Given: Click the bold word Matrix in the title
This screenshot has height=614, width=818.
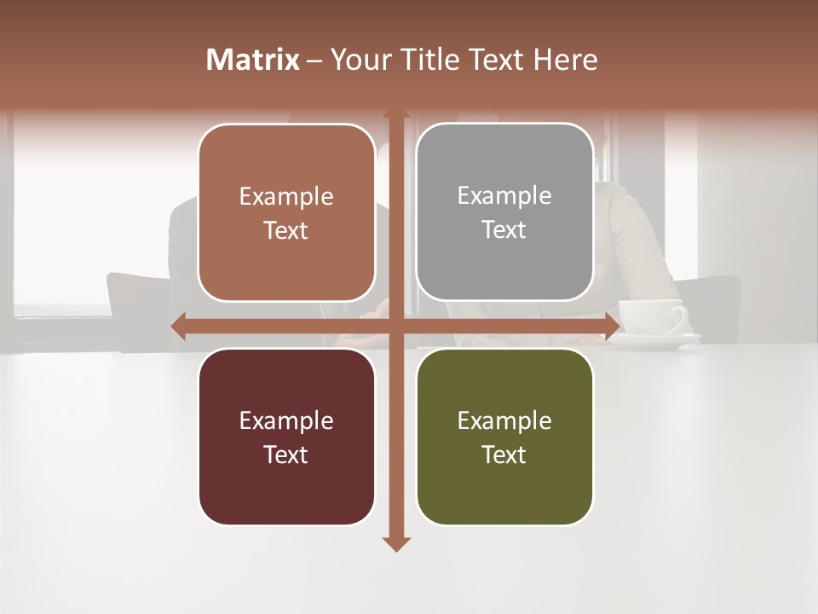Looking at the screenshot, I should (x=253, y=60).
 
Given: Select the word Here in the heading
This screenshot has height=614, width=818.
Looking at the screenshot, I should (x=565, y=60).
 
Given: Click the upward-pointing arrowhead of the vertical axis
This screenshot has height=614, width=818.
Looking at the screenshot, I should (x=396, y=114).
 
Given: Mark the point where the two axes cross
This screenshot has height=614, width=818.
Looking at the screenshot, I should (x=396, y=326).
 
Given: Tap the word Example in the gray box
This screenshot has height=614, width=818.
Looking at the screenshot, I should (x=504, y=195).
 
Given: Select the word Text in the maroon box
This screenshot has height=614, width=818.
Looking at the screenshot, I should (x=285, y=455).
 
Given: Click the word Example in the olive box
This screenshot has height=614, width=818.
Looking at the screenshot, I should (x=504, y=420).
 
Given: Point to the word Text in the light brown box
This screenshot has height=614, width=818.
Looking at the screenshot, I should (x=285, y=230).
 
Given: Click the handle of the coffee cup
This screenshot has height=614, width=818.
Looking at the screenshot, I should (x=679, y=319).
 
